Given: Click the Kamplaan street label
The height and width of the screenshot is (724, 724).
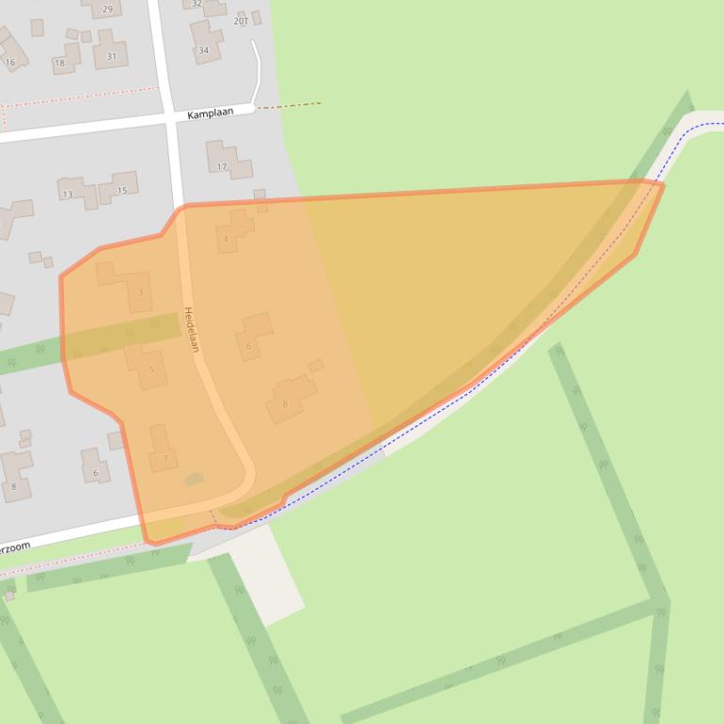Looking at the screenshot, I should click(x=210, y=114).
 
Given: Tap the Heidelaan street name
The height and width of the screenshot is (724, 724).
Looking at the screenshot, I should click(x=191, y=330).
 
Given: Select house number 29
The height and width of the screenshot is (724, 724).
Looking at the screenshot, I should click(x=106, y=9).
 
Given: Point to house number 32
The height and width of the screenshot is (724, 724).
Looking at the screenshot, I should click(x=197, y=4).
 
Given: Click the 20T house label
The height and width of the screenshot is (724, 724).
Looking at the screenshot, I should click(x=241, y=20).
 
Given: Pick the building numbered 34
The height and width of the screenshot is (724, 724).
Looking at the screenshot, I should click(x=203, y=50).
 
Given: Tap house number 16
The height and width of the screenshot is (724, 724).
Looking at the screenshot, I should click(x=10, y=63).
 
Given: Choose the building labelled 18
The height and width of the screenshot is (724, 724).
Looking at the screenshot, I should click(x=60, y=64).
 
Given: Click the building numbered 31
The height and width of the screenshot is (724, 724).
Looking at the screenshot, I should click(x=111, y=56).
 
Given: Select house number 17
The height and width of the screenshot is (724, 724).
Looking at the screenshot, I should click(x=222, y=167).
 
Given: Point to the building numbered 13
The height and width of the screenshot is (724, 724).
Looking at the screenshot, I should click(x=67, y=195).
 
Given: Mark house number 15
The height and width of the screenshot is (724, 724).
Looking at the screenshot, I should click(x=121, y=191).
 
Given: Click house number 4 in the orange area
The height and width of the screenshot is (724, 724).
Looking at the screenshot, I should click(x=226, y=239).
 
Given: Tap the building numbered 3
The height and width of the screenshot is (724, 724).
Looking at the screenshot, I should click(x=141, y=293).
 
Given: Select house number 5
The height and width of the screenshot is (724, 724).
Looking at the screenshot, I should click(x=151, y=370).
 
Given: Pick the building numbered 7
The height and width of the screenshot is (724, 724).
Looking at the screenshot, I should click(x=165, y=459).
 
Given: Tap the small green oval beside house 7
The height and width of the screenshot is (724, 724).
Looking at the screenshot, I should click(x=193, y=480).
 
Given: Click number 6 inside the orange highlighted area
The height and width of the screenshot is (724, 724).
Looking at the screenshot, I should click(x=248, y=346).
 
